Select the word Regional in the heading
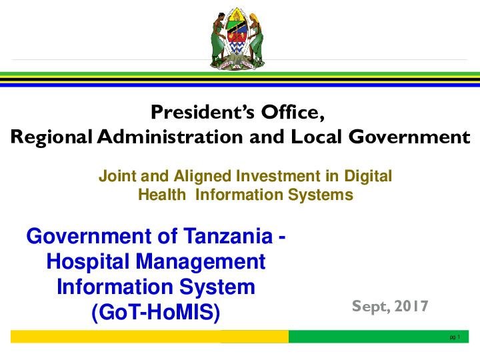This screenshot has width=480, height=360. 50,137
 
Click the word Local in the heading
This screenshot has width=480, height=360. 316,137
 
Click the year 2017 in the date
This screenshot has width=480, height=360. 410,307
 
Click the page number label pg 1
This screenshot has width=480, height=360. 455,337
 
